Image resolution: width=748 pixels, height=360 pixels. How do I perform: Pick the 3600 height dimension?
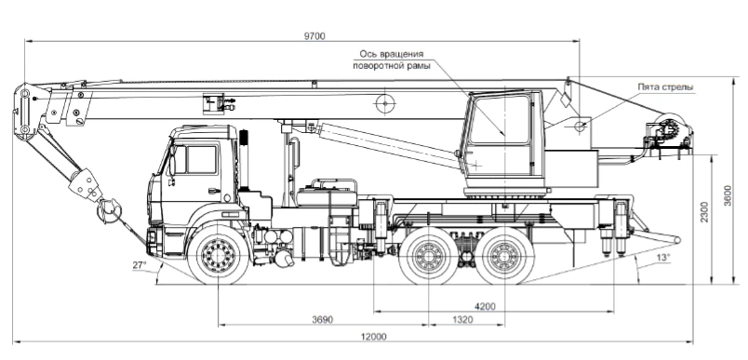728,195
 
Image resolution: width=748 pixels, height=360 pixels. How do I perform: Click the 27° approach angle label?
140,266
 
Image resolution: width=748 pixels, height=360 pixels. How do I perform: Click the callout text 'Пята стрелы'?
664,87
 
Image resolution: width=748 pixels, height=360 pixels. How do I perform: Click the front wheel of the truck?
218,258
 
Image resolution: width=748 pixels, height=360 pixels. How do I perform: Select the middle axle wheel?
429,258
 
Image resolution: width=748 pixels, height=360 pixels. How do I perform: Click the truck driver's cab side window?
202,159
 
